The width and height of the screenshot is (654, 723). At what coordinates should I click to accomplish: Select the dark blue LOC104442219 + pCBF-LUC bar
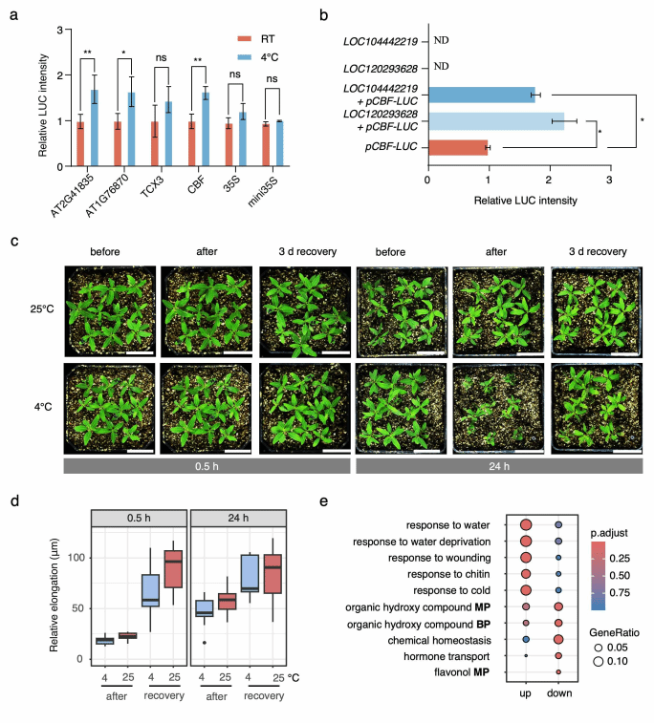point(481,95)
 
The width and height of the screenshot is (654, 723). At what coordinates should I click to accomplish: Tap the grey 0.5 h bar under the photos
point(206,465)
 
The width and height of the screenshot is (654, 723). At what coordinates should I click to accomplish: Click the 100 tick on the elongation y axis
point(76,557)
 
